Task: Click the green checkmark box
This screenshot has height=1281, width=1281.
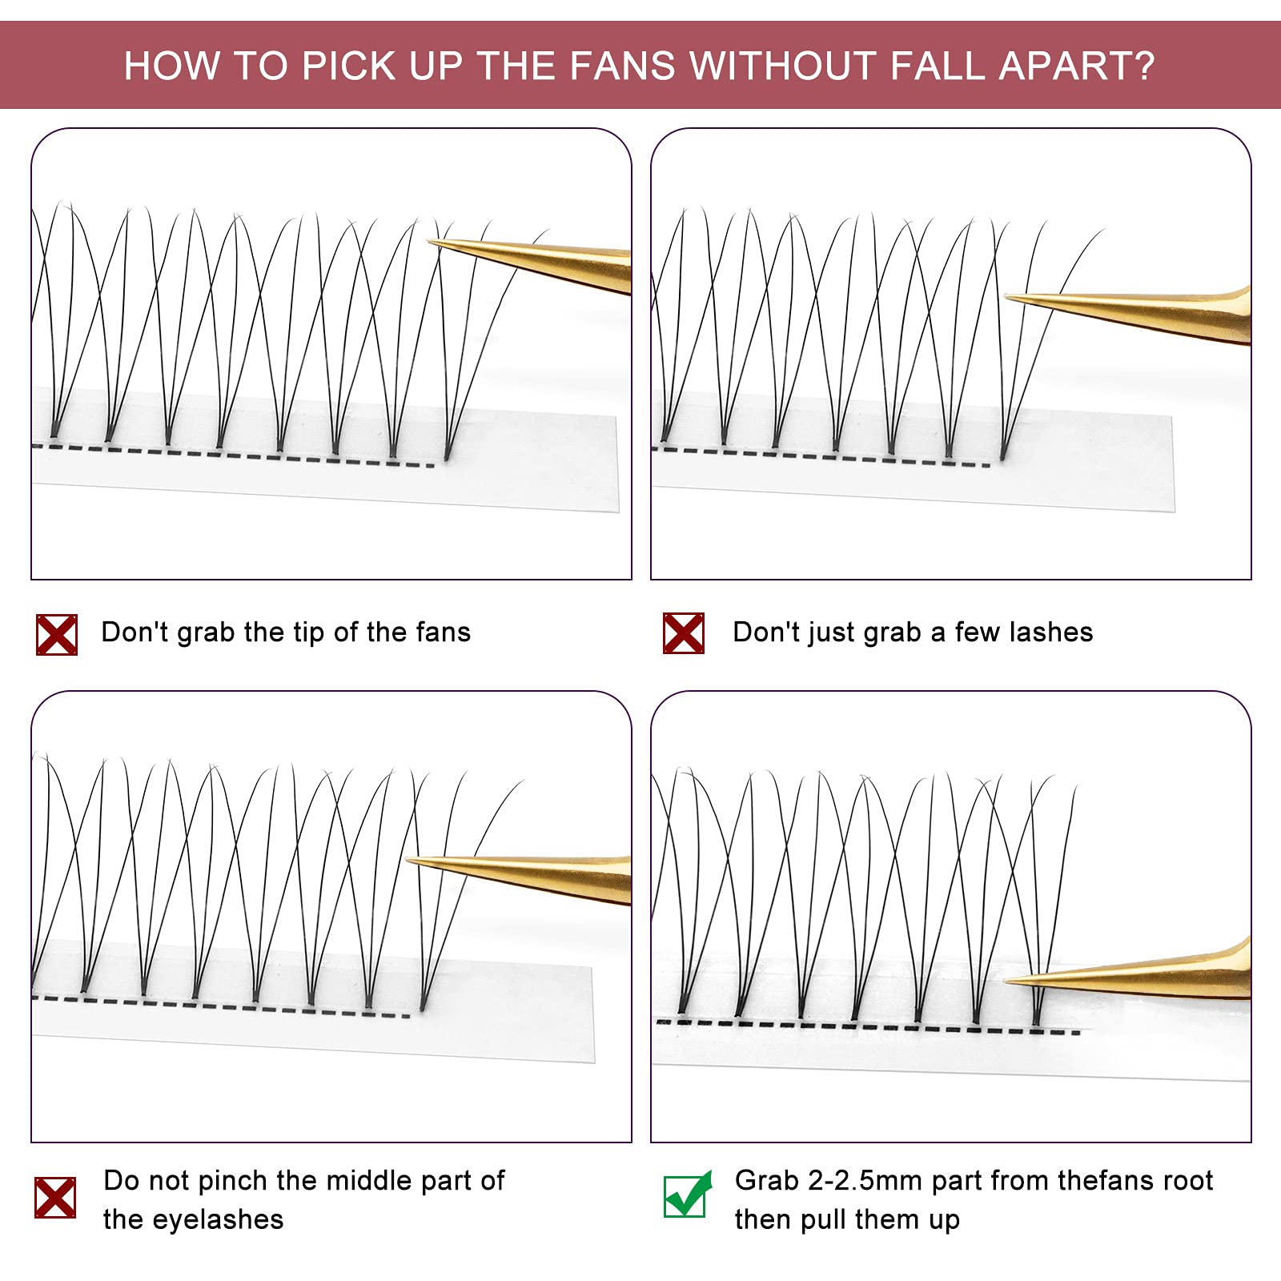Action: [686, 1195]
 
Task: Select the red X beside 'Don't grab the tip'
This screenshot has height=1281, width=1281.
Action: [57, 635]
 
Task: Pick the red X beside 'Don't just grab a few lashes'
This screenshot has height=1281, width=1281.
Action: [684, 633]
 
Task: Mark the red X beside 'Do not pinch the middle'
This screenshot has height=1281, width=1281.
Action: [55, 1198]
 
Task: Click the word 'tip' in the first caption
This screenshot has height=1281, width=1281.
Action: [307, 632]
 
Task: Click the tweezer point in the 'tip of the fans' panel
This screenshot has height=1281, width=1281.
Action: [429, 241]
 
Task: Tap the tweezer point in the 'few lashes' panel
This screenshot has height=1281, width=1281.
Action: [1006, 298]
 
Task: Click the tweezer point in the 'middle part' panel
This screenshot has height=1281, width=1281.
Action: [407, 861]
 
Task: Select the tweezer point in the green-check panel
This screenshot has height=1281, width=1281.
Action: [1005, 980]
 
